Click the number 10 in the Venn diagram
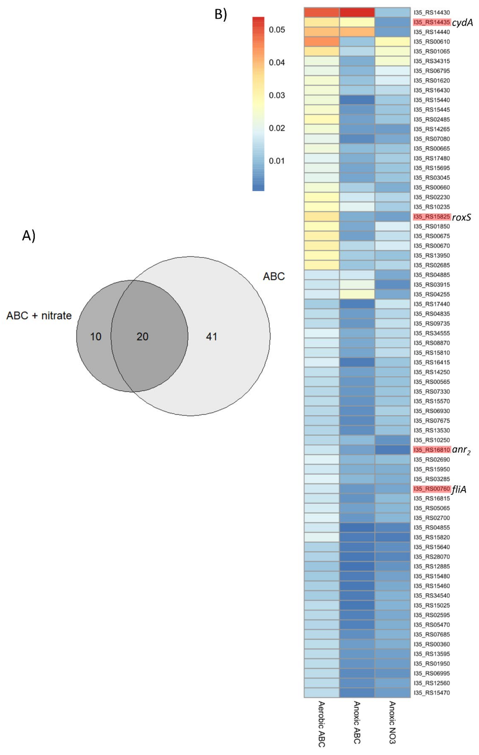(96, 336)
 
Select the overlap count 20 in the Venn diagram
(142, 336)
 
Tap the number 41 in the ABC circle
(211, 336)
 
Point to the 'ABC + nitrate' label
(39, 315)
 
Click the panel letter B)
(221, 14)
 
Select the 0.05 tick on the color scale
(277, 30)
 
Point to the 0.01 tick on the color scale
(277, 161)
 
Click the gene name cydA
(462, 23)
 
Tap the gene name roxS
(461, 217)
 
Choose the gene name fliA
(459, 489)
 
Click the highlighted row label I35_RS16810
(432, 450)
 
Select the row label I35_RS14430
(432, 13)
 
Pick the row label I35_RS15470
(432, 693)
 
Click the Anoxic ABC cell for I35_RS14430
(357, 13)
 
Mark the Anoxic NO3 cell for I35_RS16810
(392, 450)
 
